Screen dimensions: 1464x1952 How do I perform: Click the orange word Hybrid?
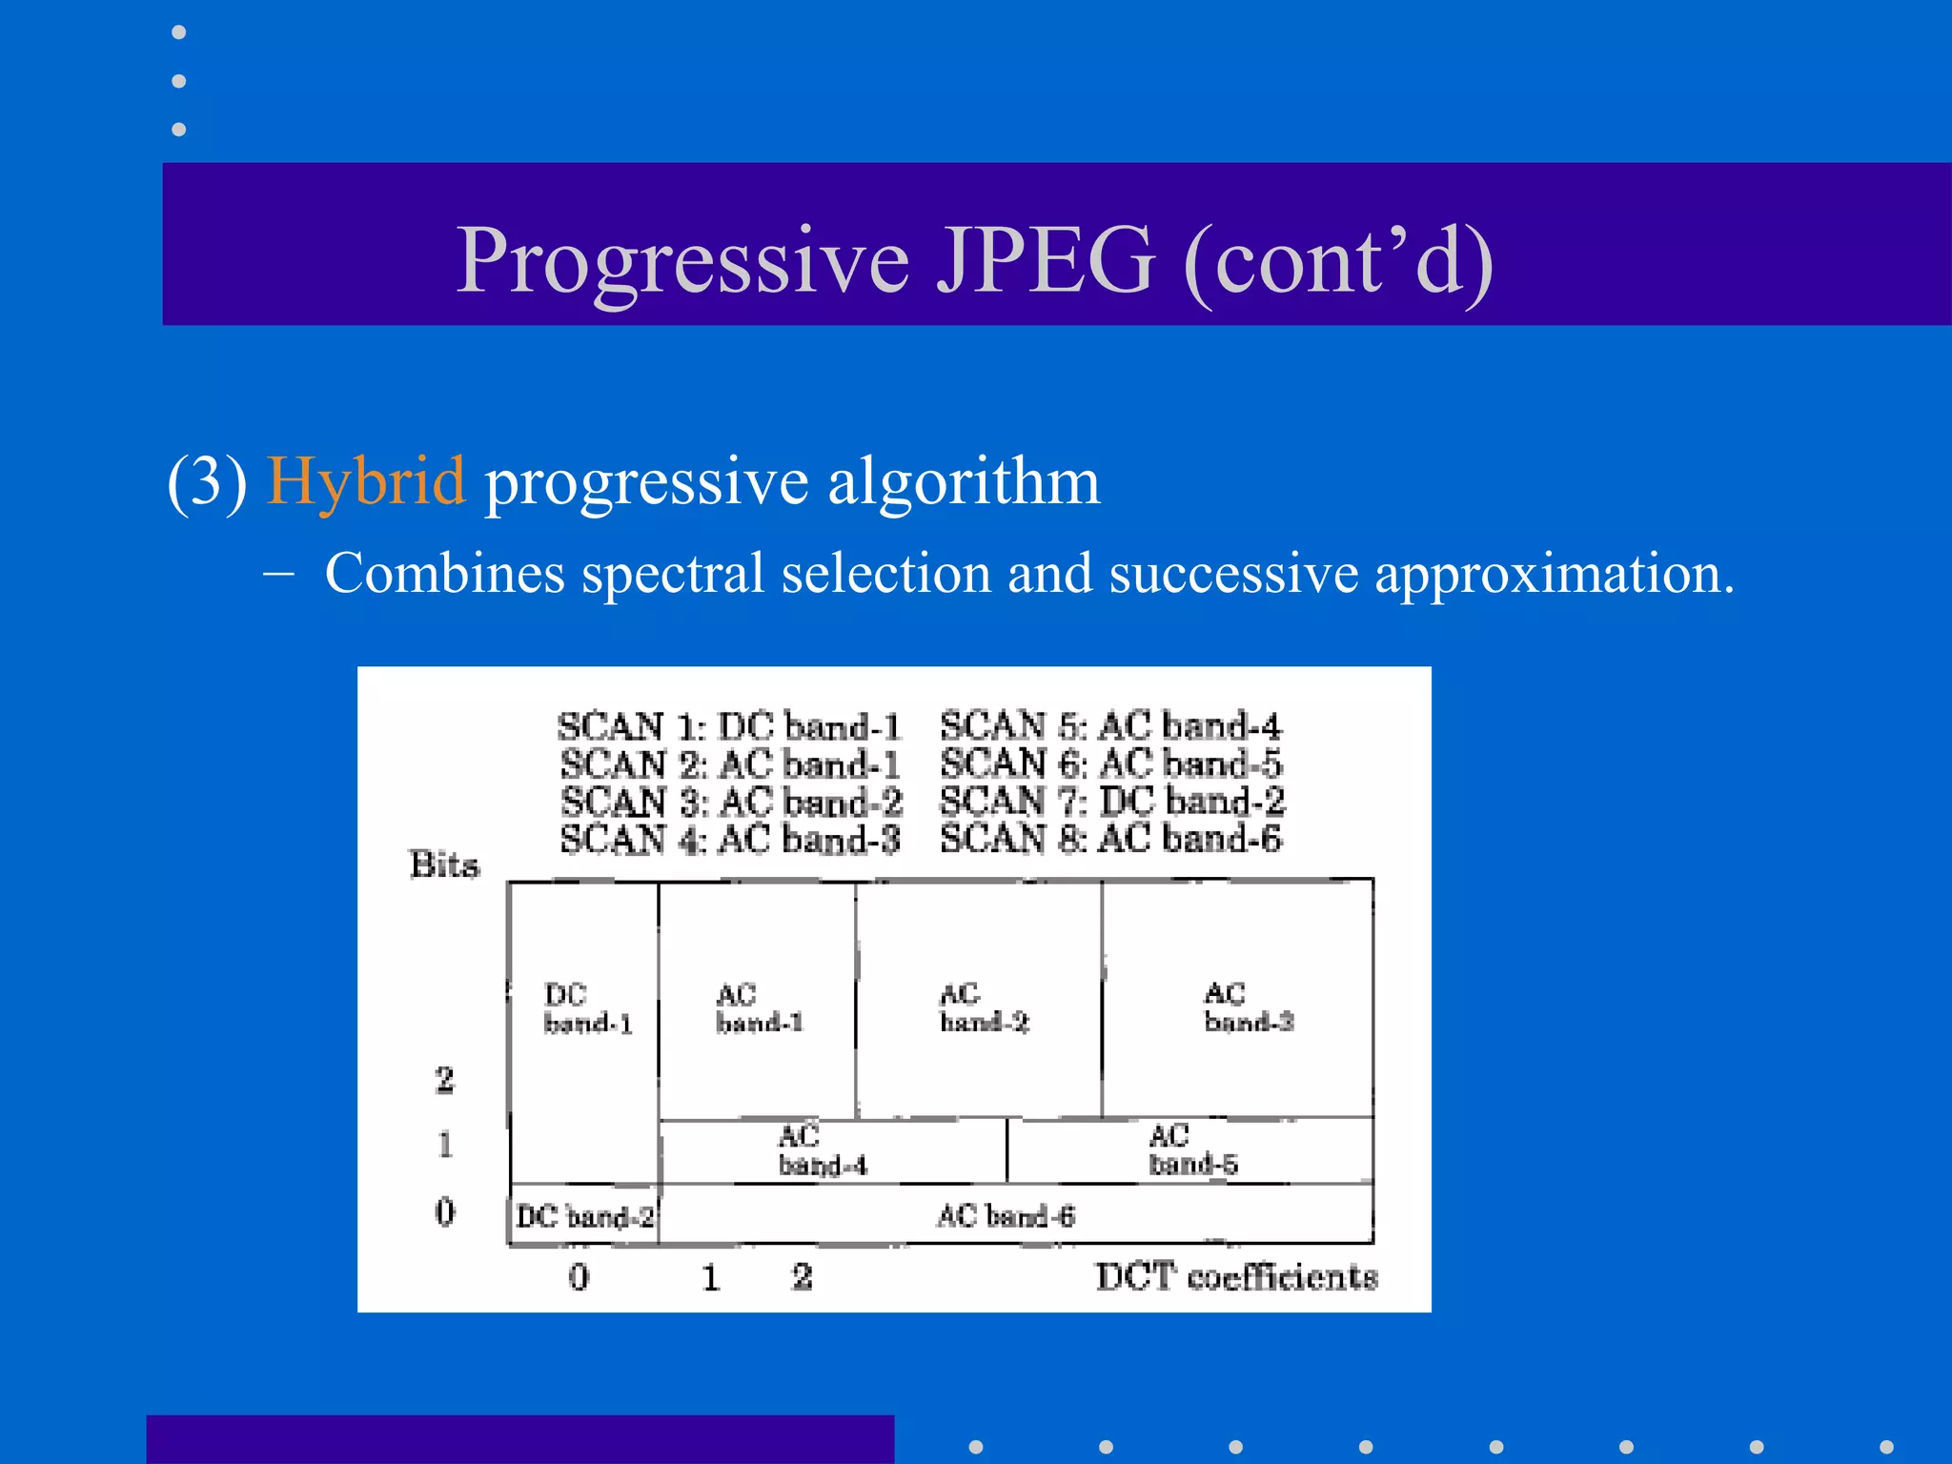coord(366,481)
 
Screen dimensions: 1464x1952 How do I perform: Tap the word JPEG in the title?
coord(1046,260)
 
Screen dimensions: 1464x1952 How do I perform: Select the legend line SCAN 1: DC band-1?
coord(729,726)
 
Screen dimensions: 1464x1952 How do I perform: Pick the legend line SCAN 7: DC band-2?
coord(1111,801)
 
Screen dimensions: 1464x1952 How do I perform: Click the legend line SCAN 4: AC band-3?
coord(729,840)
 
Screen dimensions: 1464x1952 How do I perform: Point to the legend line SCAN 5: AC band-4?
coord(1110,726)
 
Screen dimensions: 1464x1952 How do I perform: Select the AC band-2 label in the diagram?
coord(983,1007)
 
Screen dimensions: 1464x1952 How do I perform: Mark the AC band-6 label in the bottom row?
coord(1006,1215)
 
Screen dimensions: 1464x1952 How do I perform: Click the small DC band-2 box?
coord(584,1216)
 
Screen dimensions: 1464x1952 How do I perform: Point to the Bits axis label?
coord(444,864)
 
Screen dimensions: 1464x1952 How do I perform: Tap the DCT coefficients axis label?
coord(1235,1276)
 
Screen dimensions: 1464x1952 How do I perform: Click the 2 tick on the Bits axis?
coord(444,1080)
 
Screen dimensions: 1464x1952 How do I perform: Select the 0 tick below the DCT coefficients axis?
coord(579,1276)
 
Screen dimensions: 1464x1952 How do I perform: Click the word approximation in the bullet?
coord(1554,575)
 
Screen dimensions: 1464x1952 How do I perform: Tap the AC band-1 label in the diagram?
coord(759,1008)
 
